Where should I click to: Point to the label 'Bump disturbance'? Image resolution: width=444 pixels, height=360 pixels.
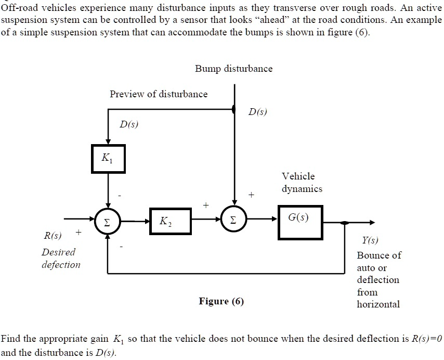pos(233,69)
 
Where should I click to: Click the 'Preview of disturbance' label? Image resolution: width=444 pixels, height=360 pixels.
pos(158,94)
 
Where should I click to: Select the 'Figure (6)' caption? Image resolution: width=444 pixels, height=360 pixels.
pos(221,301)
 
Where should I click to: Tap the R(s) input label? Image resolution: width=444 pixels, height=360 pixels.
pos(52,237)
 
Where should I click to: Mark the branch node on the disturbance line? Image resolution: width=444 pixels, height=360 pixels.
pos(234,109)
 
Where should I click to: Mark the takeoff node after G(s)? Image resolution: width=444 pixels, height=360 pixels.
pos(344,223)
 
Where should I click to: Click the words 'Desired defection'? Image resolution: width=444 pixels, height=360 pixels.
pos(61,258)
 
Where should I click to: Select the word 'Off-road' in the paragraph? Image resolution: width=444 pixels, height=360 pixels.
pos(18,7)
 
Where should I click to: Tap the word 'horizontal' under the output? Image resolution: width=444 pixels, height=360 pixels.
pos(378,304)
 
